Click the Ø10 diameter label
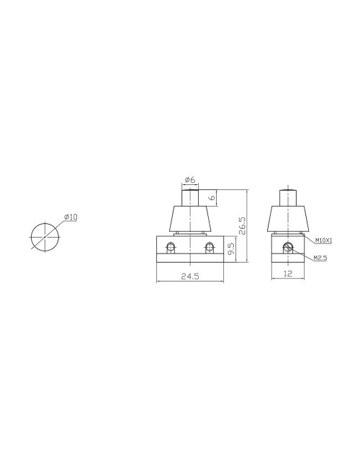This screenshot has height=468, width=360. click(71, 217)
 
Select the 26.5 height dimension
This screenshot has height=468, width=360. click(243, 226)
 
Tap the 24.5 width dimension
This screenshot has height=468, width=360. click(189, 276)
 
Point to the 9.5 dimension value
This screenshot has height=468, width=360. click(230, 250)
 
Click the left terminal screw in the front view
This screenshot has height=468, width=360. click(171, 248)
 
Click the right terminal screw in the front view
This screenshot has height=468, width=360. click(209, 248)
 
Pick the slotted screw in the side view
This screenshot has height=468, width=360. click(288, 248)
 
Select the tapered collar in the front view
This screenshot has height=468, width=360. click(190, 218)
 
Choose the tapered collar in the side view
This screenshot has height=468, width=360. click(288, 218)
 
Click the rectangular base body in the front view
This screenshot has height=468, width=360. click(190, 256)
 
